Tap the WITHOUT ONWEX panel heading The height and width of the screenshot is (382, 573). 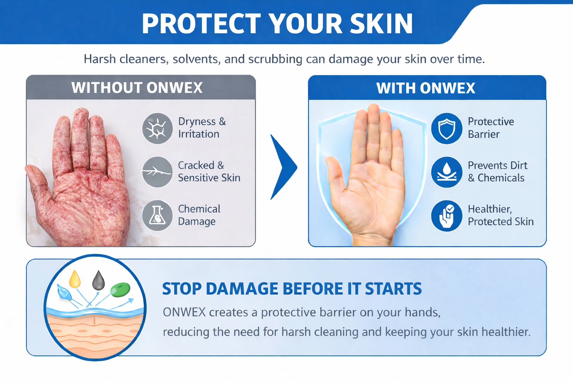[137, 88]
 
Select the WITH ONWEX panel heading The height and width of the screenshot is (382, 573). [426, 88]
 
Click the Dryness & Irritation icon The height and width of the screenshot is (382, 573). [157, 128]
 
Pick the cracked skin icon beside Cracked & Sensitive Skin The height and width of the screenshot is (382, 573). [157, 172]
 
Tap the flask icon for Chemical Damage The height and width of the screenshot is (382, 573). [157, 215]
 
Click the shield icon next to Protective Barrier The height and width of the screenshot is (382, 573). [447, 128]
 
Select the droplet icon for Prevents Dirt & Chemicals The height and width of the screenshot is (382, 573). [447, 172]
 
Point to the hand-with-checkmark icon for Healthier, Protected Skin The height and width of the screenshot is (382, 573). [447, 216]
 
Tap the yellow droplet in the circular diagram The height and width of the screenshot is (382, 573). [75, 279]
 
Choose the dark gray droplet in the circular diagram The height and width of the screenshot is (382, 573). [98, 280]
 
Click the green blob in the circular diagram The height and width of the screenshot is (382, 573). [120, 289]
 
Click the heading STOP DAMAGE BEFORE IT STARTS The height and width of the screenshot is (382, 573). [292, 289]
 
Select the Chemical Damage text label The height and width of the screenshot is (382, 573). [199, 215]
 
